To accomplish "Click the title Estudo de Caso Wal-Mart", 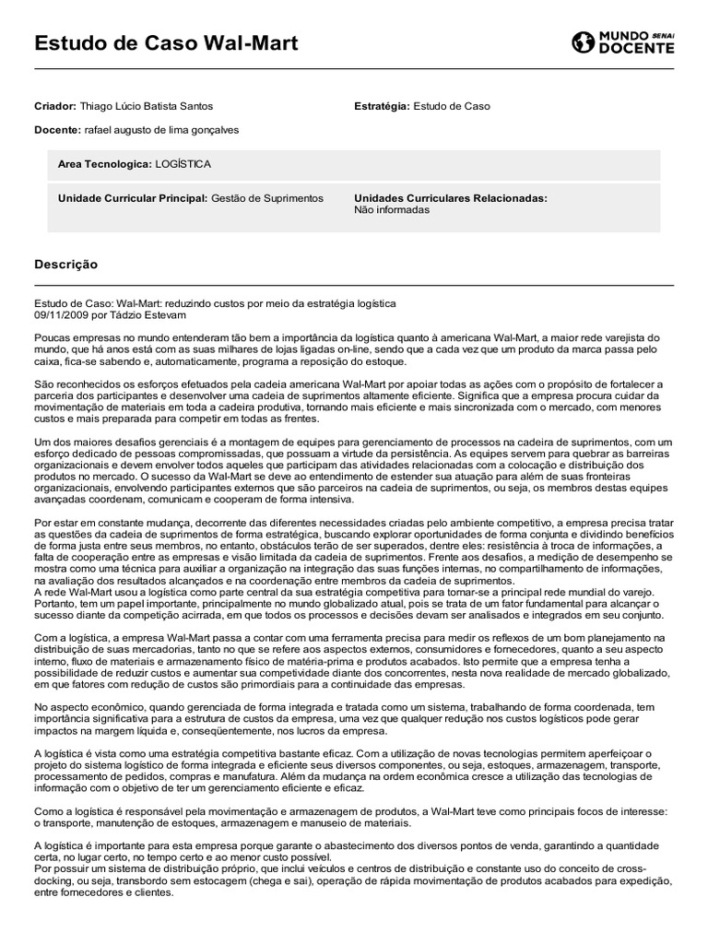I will pos(166,43).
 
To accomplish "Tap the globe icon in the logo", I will pos(584,42).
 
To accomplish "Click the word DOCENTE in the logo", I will pos(636,49).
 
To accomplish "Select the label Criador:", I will pos(55,107).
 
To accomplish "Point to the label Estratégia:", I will pos(383,107).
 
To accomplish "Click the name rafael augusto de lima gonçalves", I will pos(161,130).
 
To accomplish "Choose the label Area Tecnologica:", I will pos(104,164).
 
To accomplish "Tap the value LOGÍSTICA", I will pos(183,164).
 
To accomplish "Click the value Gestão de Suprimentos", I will pos(267,198).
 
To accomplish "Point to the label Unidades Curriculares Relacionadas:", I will pos(451,198).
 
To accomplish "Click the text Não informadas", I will pos(392,210).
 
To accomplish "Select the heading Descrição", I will pos(65,265).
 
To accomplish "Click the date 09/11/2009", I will pos(59,314).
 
